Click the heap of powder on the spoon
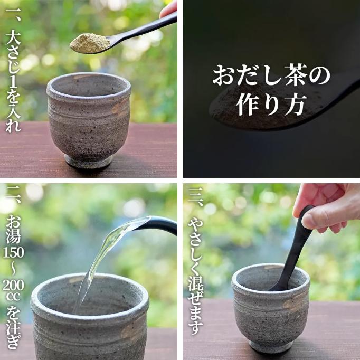pyautogui.click(x=90, y=43)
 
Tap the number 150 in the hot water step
pyautogui.click(x=13, y=252)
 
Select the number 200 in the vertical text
pyautogui.click(x=13, y=286)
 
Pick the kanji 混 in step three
pyautogui.click(x=196, y=283)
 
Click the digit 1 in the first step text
pyautogui.click(x=13, y=81)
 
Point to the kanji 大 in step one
pyautogui.click(x=13, y=37)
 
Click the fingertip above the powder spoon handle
pyautogui.click(x=168, y=9)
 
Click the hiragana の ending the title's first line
pyautogui.click(x=319, y=75)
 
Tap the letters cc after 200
pyautogui.click(x=13, y=297)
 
